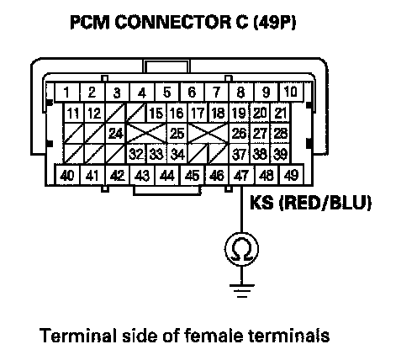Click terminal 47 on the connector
pos(241,176)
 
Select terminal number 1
pos(67,92)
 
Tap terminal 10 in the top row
pos(291,92)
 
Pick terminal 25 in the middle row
pos(177,134)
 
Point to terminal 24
pos(116,134)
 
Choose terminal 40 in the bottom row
pos(67,176)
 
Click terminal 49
pos(292,176)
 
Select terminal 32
pos(136,154)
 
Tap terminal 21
pos(280,113)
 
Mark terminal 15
pos(156,113)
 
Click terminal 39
pos(280,154)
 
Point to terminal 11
pos(73,113)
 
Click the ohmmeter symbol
pos(241,249)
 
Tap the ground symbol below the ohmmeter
pos(241,291)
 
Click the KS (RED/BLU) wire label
pos(310,203)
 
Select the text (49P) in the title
pos(274,22)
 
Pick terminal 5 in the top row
pos(167,92)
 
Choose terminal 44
pos(167,176)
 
